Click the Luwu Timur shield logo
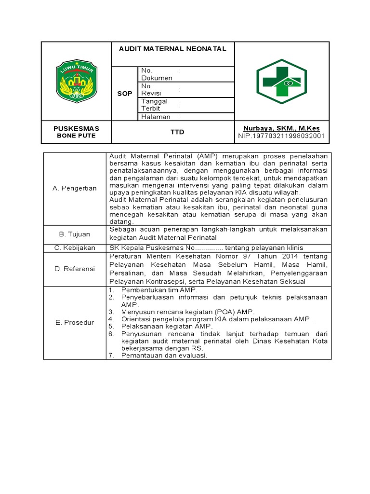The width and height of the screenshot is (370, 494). pyautogui.click(x=77, y=81)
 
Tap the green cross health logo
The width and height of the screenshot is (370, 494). pyautogui.click(x=281, y=81)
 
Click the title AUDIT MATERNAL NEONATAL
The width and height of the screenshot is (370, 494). pyautogui.click(x=172, y=49)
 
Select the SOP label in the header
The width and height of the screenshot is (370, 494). pyautogui.click(x=125, y=94)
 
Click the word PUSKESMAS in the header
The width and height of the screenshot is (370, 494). pyautogui.click(x=76, y=128)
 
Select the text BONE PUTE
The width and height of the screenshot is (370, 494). pyautogui.click(x=76, y=136)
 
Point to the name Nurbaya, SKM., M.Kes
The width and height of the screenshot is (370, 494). pyautogui.click(x=281, y=128)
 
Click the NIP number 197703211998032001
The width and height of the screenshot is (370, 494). pyautogui.click(x=281, y=136)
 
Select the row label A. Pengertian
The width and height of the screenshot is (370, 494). pyautogui.click(x=74, y=188)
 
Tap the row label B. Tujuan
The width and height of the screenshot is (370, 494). pyautogui.click(x=74, y=234)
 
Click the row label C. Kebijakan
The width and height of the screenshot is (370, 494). pyautogui.click(x=74, y=247)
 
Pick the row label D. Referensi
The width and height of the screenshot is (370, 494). pyautogui.click(x=74, y=269)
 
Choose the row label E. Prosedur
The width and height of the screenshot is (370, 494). pyautogui.click(x=74, y=322)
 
